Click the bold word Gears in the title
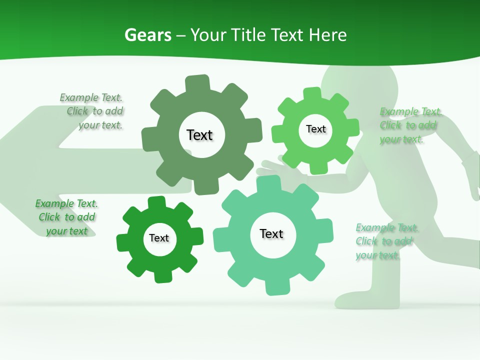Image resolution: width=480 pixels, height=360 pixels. pyautogui.click(x=148, y=35)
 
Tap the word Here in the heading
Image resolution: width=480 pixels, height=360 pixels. pyautogui.click(x=327, y=35)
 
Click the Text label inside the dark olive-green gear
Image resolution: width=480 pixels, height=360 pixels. pyautogui.click(x=199, y=135)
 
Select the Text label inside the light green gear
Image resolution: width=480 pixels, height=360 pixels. pyautogui.click(x=315, y=129)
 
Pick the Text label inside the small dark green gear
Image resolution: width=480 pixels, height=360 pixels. pyautogui.click(x=159, y=238)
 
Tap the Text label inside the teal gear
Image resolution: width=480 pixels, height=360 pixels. pyautogui.click(x=271, y=233)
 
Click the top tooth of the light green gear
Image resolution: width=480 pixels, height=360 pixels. pyautogui.click(x=312, y=93)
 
